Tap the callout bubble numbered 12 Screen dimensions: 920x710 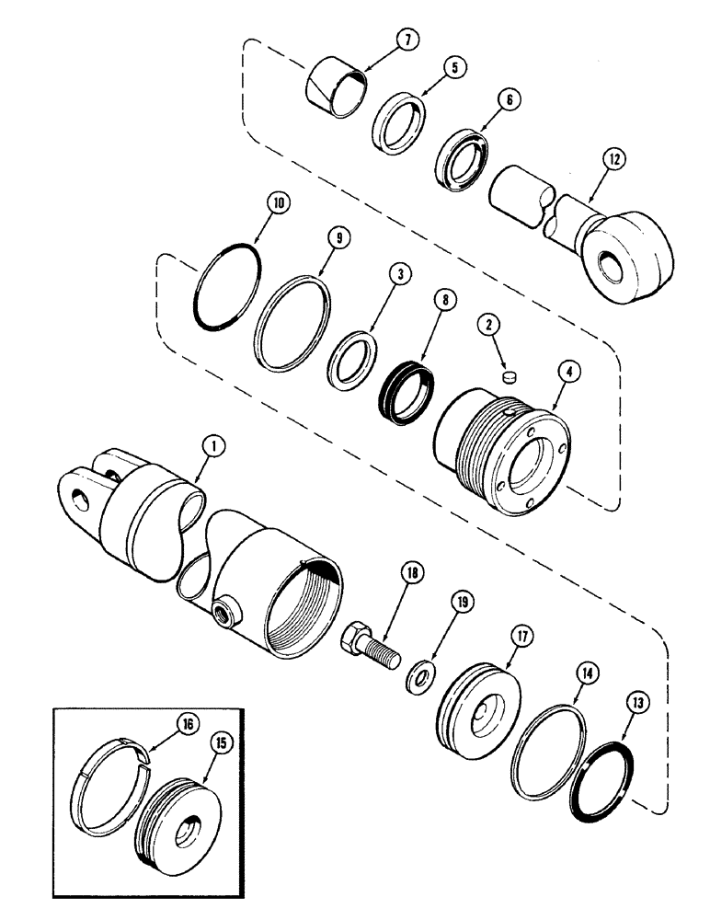coord(613,159)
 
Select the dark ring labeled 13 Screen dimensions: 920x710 coord(598,773)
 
